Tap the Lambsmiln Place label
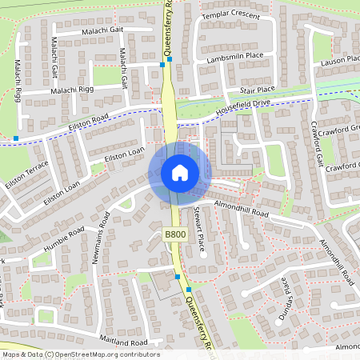234,57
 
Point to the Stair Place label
256,90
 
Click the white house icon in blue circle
179,172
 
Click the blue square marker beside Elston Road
16,138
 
